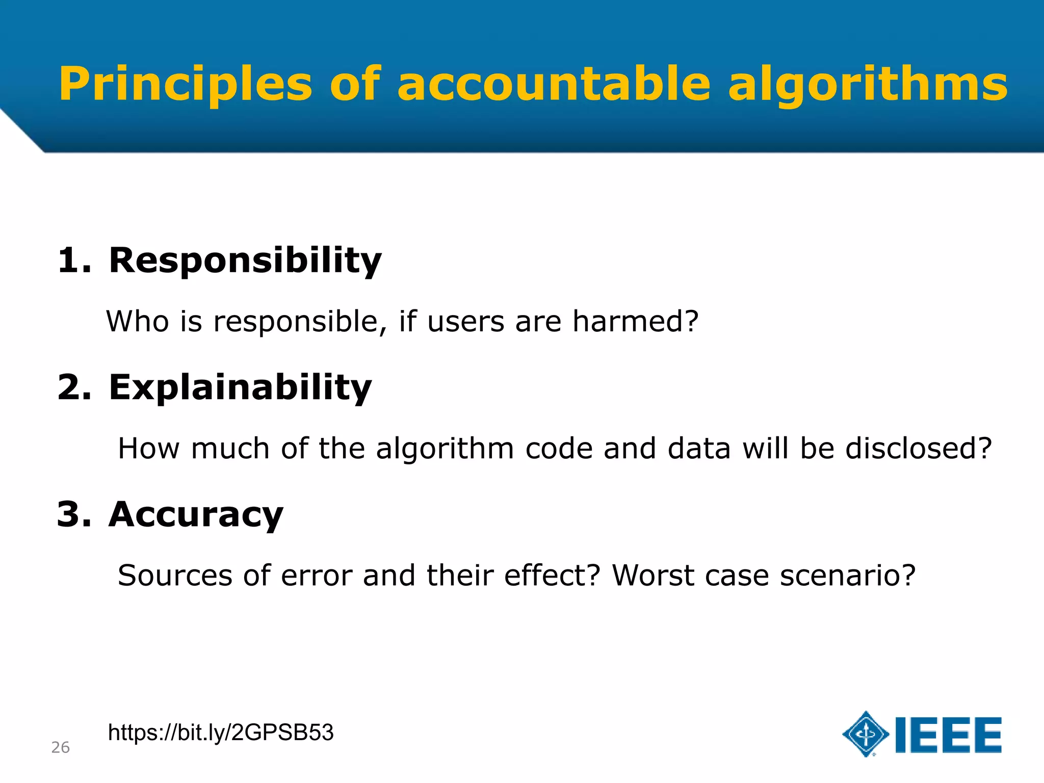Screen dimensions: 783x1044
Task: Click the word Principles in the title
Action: coord(186,85)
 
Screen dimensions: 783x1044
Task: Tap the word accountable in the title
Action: coord(554,84)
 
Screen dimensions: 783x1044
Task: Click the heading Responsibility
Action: coord(245,261)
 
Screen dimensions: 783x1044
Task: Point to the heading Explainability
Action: coord(240,388)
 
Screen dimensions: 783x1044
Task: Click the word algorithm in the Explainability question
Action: coord(445,449)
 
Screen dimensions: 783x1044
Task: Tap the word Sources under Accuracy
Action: coord(175,576)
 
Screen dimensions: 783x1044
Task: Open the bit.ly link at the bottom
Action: coord(221,733)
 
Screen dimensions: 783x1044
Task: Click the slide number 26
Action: coord(60,748)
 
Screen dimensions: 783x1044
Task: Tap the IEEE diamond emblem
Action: coord(866,734)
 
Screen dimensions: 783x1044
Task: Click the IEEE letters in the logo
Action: coord(948,735)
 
